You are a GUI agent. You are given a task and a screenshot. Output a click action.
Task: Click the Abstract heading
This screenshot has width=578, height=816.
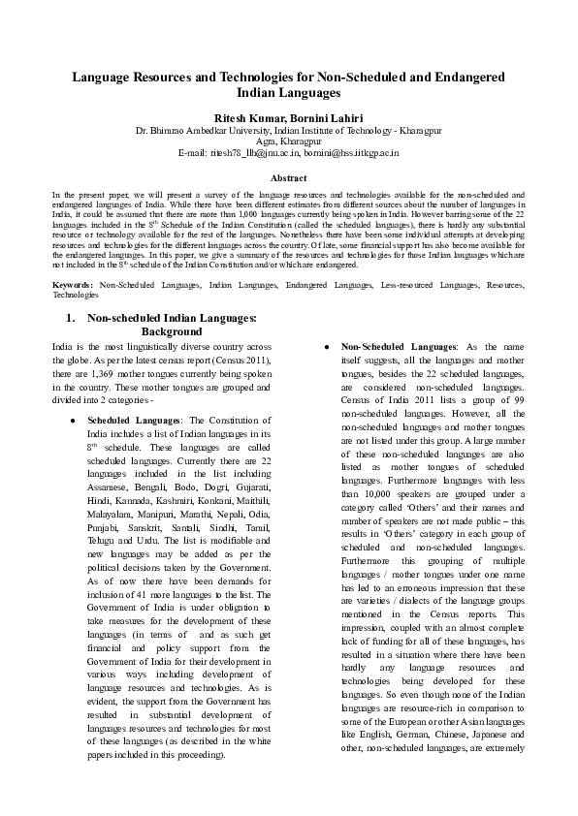point(288,178)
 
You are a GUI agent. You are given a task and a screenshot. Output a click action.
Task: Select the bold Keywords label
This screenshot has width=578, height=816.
point(73,285)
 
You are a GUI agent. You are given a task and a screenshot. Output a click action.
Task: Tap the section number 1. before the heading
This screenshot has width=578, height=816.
point(70,317)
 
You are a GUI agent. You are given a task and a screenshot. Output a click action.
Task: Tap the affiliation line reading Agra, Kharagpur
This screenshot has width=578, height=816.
point(288,141)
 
